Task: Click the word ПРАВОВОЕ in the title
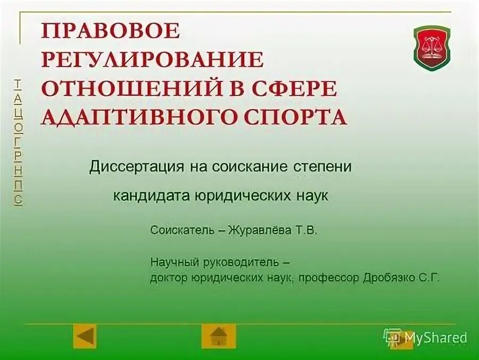(111, 31)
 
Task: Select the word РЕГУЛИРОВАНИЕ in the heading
(152, 60)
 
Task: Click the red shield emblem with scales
(432, 48)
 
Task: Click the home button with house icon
(218, 337)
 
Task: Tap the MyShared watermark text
(435, 337)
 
